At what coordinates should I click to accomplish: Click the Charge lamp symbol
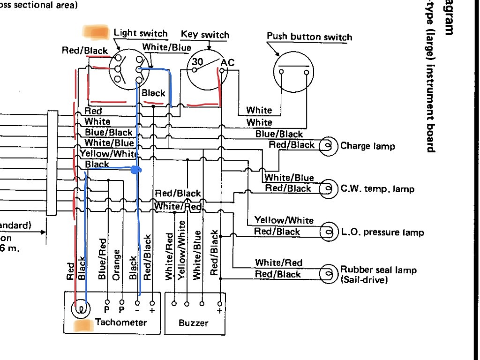tap(329, 146)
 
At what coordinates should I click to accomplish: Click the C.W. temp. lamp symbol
tap(329, 189)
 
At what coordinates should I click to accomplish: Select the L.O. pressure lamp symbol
tap(329, 232)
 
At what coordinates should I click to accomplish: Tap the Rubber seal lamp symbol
tap(329, 274)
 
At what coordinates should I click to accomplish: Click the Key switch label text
tap(205, 35)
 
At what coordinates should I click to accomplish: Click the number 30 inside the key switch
tap(198, 61)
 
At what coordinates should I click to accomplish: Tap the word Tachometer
tap(121, 322)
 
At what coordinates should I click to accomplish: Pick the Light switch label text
tap(141, 33)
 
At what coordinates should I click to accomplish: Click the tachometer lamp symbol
tap(81, 309)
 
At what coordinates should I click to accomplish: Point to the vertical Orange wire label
tap(117, 264)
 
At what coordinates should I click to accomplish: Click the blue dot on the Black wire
tap(136, 170)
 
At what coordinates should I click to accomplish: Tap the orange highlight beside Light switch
tap(96, 32)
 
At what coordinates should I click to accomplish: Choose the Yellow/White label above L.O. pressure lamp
tap(284, 220)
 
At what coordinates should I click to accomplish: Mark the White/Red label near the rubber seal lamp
tap(278, 262)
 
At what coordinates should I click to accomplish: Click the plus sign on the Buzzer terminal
tap(219, 310)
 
